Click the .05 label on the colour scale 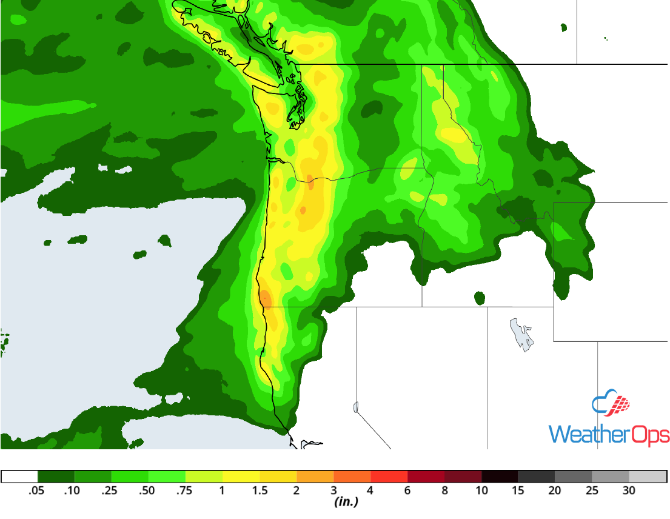[37, 491]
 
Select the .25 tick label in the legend [111, 491]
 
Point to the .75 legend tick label [185, 491]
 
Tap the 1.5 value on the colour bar [260, 491]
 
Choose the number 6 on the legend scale [407, 491]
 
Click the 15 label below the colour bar [518, 491]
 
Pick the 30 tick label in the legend [629, 491]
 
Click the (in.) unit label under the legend [346, 502]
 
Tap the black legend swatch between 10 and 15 [500, 477]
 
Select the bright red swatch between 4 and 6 [389, 477]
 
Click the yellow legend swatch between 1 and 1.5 [241, 477]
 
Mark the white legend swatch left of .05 [19, 477]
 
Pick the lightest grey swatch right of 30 [648, 477]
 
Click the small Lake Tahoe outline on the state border [355, 406]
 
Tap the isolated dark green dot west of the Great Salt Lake [480, 298]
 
